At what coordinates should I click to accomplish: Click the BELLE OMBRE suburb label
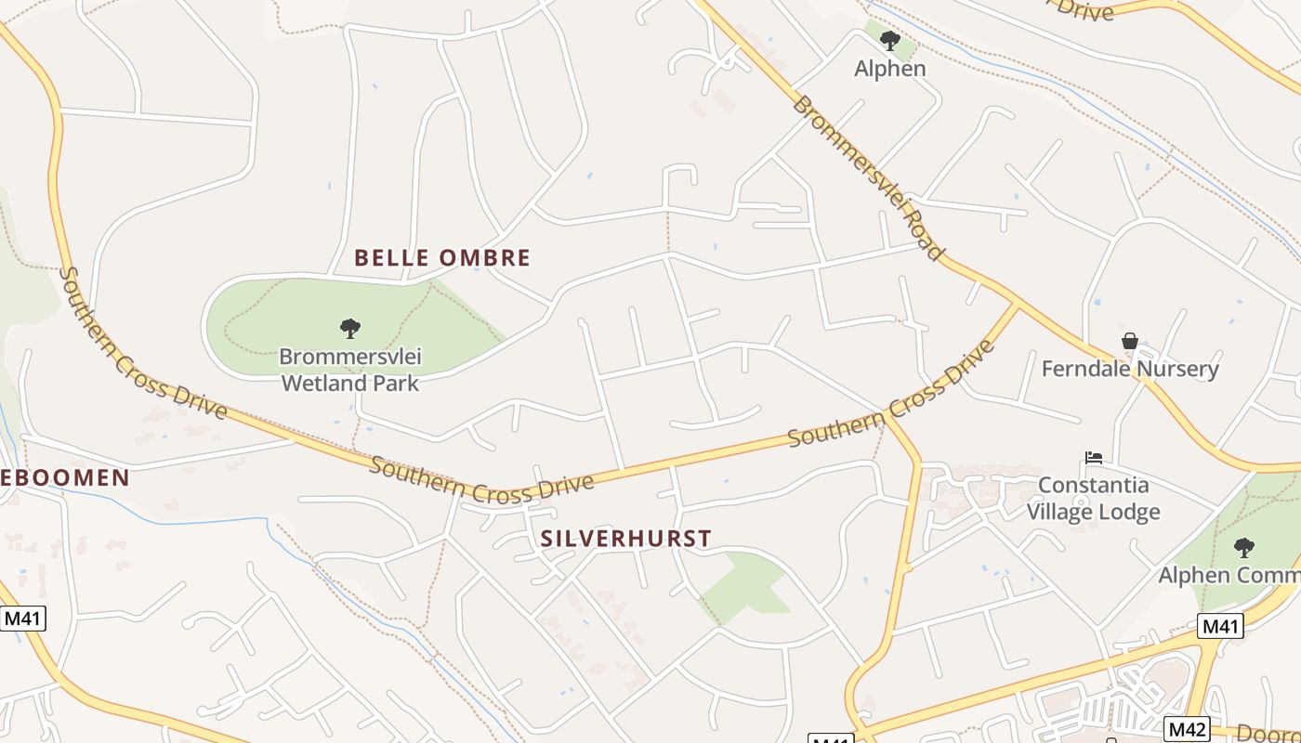point(442,258)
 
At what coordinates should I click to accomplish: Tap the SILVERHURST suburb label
point(626,538)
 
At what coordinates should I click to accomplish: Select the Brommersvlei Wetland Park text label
point(349,369)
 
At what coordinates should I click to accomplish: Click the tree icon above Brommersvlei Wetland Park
point(349,328)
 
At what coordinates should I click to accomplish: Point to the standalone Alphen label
point(890,68)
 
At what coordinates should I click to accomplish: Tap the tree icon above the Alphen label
point(890,40)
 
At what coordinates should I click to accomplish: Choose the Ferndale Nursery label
point(1129,369)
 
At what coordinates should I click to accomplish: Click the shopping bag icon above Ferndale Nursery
point(1130,341)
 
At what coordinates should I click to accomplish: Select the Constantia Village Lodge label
point(1093,498)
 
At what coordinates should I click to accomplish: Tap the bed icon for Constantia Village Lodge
point(1094,458)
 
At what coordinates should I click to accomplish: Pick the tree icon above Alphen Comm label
point(1243,547)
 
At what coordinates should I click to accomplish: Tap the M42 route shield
point(1188,728)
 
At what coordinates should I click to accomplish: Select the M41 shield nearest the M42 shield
point(1221,627)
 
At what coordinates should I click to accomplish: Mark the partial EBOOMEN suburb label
point(65,478)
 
